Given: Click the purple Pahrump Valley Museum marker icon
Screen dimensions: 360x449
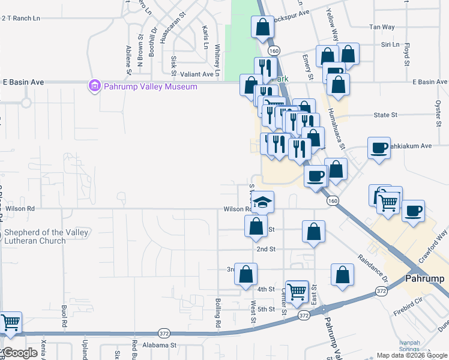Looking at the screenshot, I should point(94,86).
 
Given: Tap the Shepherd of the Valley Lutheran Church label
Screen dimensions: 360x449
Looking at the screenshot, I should point(46,236).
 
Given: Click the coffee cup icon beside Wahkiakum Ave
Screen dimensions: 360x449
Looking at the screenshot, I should point(379,148).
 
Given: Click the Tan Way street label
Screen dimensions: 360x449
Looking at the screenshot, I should point(382,27).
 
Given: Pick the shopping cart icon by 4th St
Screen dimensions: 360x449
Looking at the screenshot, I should point(297,292).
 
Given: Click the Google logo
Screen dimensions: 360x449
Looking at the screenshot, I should point(19,353).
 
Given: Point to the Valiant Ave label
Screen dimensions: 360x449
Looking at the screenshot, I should point(197,74).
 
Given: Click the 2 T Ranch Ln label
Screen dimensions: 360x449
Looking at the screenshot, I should point(20,18).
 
